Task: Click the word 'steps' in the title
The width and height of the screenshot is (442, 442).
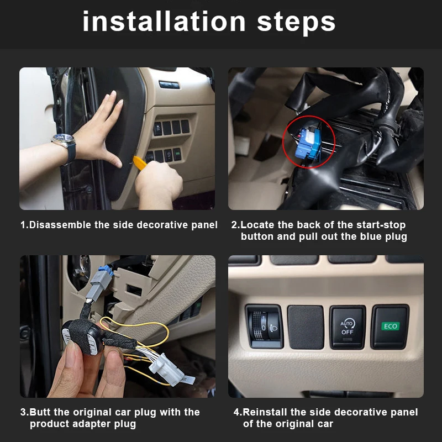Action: tap(296, 22)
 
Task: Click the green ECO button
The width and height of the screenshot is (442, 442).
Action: tap(390, 327)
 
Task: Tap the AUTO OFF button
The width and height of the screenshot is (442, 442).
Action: tap(348, 327)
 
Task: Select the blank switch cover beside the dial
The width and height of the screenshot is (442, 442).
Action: tap(306, 327)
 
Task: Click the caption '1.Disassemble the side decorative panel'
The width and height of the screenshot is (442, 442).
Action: tap(119, 225)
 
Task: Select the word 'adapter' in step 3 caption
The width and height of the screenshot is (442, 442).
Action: tap(93, 424)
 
